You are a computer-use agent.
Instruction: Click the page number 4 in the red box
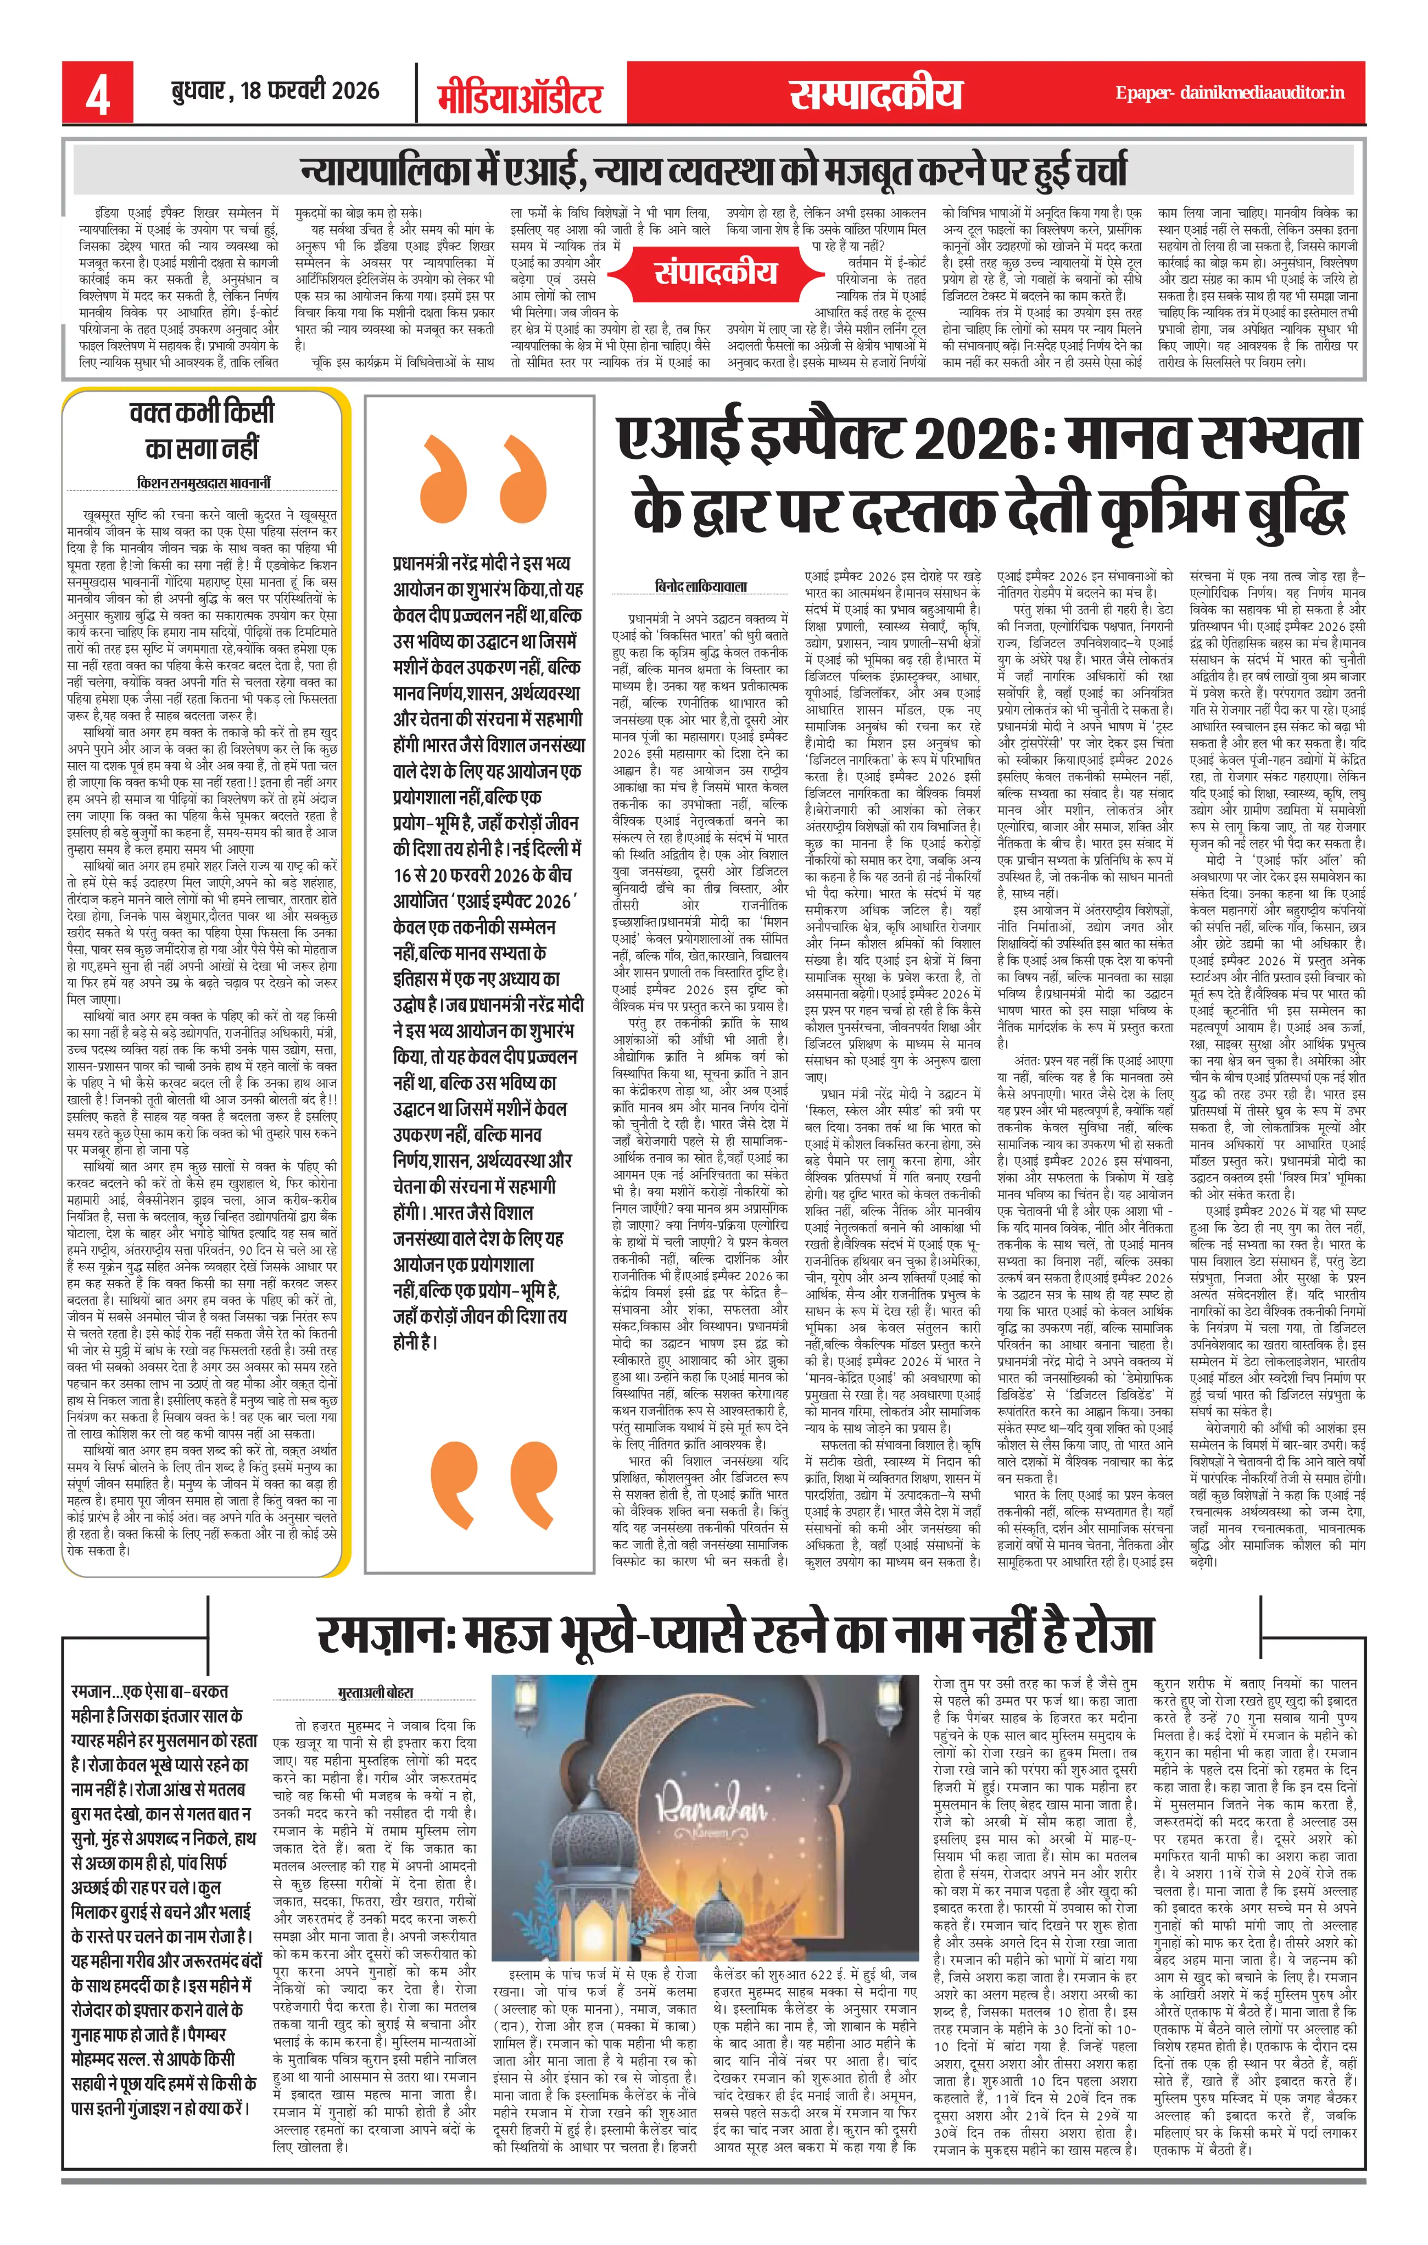coord(97,94)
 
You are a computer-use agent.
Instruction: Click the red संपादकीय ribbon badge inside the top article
coord(715,273)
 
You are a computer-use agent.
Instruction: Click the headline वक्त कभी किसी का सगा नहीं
coord(202,430)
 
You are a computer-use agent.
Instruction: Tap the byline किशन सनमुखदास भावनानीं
coord(203,483)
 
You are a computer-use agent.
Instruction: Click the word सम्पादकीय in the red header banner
coord(875,94)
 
